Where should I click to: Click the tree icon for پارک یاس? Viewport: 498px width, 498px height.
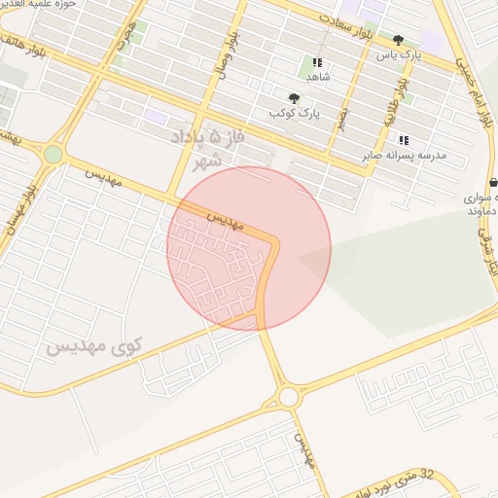[x=398, y=40]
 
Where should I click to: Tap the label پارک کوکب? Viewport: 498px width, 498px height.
[x=296, y=113]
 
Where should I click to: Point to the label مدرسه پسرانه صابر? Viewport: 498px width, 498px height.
[x=403, y=155]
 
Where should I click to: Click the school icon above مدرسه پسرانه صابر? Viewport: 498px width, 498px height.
[x=404, y=140]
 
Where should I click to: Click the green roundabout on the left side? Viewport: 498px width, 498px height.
[x=53, y=154]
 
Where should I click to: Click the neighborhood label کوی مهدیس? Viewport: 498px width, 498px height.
[x=93, y=345]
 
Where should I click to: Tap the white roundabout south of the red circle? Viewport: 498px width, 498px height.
[x=288, y=397]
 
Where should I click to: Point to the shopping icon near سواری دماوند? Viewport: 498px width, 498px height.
[x=493, y=182]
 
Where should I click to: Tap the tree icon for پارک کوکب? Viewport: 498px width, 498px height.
[x=294, y=97]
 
